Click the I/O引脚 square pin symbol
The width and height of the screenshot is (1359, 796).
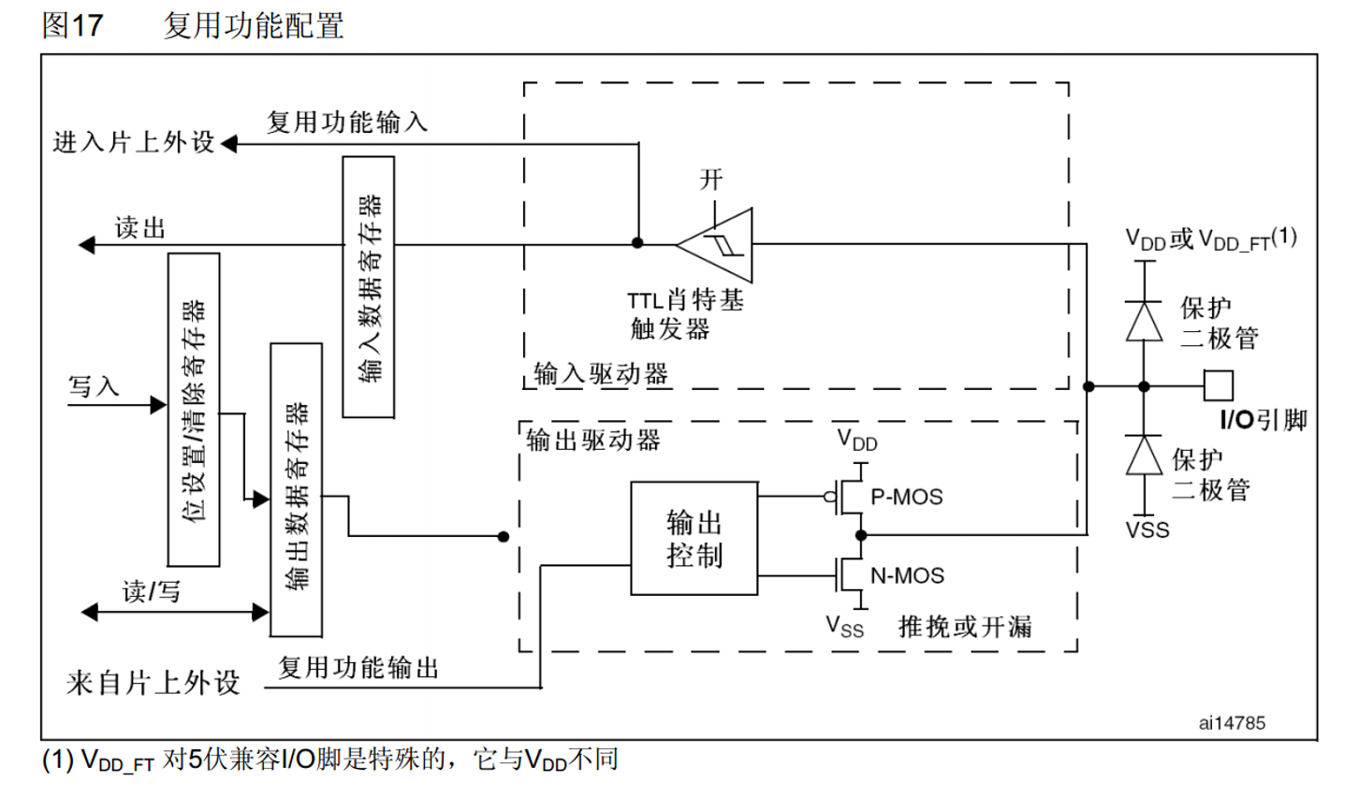click(1218, 385)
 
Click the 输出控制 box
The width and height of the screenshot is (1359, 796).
click(694, 539)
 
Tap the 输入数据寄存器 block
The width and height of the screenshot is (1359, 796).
click(369, 287)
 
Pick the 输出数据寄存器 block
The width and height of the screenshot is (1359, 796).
click(296, 490)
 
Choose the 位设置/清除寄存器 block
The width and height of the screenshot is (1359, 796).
click(194, 410)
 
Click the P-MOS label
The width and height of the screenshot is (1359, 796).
click(906, 498)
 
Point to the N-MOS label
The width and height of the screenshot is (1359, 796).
click(907, 576)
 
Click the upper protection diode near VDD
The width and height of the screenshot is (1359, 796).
click(1144, 321)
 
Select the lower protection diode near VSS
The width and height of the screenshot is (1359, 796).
click(1144, 456)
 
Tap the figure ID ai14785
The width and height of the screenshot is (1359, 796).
click(1232, 723)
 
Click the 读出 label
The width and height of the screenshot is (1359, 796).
click(140, 228)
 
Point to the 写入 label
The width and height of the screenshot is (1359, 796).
click(94, 386)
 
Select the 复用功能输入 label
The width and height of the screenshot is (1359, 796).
click(347, 123)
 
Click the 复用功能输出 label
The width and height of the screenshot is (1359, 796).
click(358, 668)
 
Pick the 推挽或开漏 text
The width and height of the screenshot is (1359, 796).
click(965, 627)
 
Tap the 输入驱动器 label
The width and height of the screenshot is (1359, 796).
click(601, 374)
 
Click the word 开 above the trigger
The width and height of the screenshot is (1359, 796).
click(711, 180)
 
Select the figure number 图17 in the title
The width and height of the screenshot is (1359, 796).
click(72, 25)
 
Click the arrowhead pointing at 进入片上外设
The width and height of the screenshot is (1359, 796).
click(228, 144)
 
